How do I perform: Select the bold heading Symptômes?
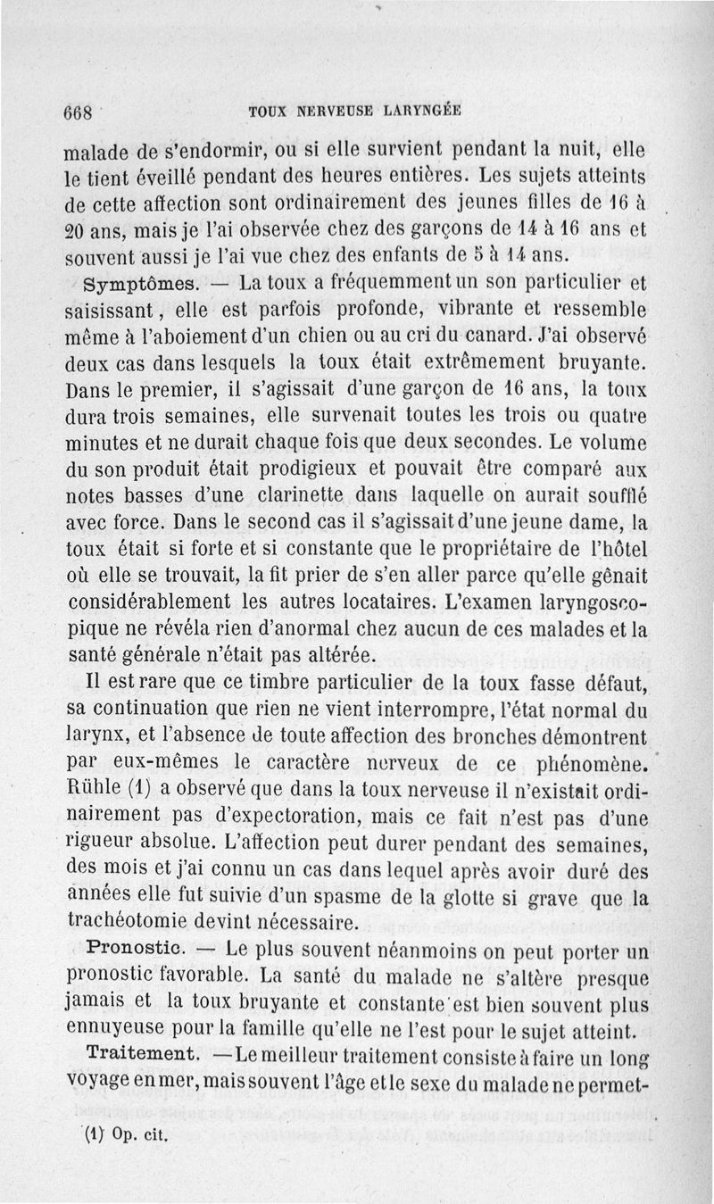132,286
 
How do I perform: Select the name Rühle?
92,792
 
